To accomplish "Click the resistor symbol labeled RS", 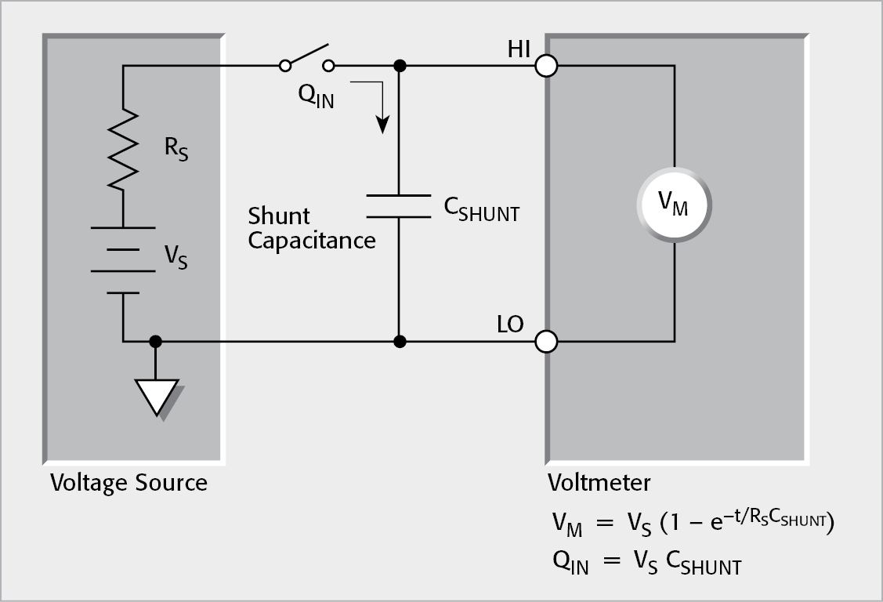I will pos(123,149).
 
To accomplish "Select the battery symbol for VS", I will pos(123,259).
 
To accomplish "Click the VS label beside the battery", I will pos(175,256).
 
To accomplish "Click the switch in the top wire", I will pos(307,60).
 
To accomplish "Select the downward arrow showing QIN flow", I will pos(382,110).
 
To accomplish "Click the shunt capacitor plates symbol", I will pos(400,205).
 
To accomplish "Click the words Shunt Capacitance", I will pos(311,228).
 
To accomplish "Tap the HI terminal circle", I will pos(546,66).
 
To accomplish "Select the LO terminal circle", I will pos(546,342).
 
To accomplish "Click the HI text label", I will pos(518,49).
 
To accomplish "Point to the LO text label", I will pos(510,325).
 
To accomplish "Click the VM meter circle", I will pos(674,205).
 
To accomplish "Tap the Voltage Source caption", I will pos(128,482).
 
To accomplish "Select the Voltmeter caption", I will pos(599,481).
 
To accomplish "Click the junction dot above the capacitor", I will pos(400,66).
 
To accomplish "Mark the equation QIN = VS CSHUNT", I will pos(647,563).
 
